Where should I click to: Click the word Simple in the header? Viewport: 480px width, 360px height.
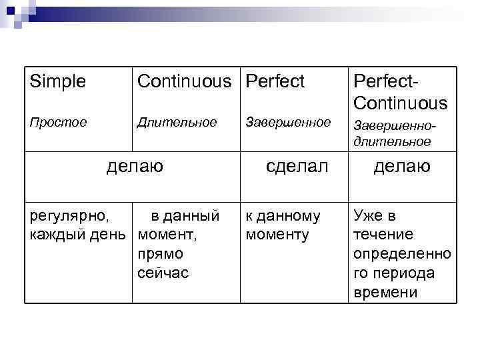pos(58,82)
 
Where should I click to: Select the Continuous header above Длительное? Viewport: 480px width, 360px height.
pos(188,82)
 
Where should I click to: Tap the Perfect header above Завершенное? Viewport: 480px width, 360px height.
pos(275,82)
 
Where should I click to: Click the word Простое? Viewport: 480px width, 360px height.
pos(58,123)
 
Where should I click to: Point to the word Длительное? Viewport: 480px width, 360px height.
pos(177,123)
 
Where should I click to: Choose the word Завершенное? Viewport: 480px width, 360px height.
pos(288,123)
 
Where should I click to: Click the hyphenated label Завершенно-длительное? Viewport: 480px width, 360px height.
pos(392,133)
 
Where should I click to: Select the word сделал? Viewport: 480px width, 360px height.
pos(297,165)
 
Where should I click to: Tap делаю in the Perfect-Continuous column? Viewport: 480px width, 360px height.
pos(402,165)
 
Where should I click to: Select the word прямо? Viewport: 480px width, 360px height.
pos(160,254)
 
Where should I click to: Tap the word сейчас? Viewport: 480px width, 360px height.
pos(163,273)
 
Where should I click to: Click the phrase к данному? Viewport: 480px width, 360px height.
pos(283,216)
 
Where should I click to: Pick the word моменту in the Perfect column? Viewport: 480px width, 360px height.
pos(277,235)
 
